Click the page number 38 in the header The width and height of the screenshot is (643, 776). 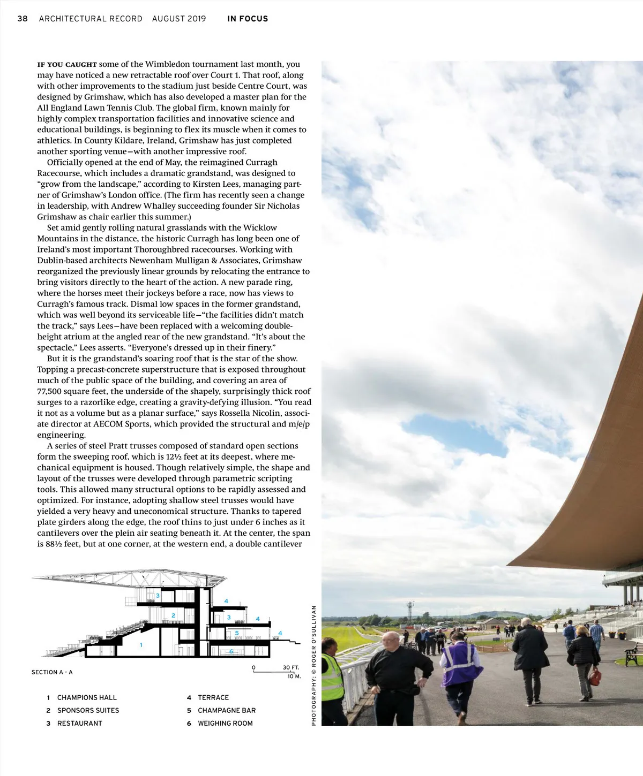[x=23, y=19]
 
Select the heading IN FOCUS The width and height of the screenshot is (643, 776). [x=248, y=19]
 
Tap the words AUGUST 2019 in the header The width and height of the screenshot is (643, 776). [x=179, y=19]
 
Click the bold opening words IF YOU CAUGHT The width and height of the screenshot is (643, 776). [x=67, y=65]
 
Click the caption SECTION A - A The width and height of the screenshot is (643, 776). [x=52, y=672]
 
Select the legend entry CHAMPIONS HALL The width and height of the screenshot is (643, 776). [x=87, y=697]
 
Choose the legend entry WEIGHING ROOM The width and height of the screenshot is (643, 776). [x=225, y=723]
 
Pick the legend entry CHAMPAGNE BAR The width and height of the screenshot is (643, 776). [x=227, y=710]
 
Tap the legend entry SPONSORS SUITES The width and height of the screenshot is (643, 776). [x=88, y=710]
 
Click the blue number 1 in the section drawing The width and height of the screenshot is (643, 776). [x=141, y=645]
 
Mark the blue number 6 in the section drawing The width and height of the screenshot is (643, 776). [x=231, y=651]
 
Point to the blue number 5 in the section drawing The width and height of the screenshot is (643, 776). [x=237, y=633]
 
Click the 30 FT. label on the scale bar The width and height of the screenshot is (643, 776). [x=290, y=667]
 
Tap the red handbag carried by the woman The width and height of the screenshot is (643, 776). [x=595, y=677]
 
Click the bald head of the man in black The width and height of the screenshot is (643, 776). [x=391, y=638]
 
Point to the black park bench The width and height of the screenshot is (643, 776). [x=632, y=654]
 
